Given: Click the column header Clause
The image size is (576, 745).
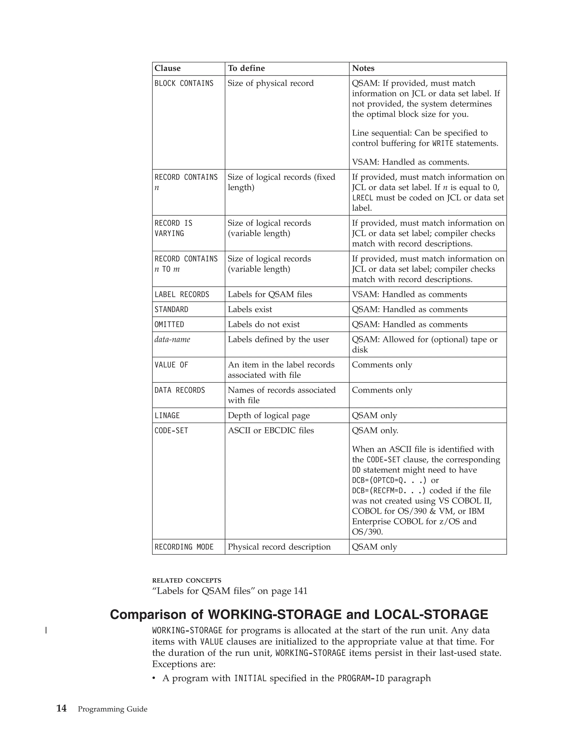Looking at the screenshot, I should [x=168, y=68].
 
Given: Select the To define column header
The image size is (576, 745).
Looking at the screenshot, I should [x=246, y=68].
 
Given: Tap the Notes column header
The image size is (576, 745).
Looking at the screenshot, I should [x=363, y=68].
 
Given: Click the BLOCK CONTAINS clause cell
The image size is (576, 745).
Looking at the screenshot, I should [x=184, y=83].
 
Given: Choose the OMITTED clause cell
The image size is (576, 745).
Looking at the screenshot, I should [x=169, y=324].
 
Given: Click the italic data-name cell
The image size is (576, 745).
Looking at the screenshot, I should [x=172, y=339].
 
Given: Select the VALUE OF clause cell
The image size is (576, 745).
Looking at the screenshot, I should [x=171, y=365].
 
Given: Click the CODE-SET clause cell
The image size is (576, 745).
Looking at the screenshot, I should [x=171, y=431].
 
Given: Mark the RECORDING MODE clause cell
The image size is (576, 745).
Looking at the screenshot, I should [x=184, y=547].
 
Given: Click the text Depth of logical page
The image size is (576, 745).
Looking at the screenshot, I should [x=269, y=416].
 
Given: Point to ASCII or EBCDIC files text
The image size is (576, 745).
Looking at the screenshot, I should [x=271, y=430].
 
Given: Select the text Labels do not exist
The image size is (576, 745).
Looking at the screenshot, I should [x=264, y=324].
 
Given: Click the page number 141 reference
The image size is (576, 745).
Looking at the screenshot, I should [x=300, y=591].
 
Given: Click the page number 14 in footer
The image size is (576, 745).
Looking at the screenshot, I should [x=61, y=709].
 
